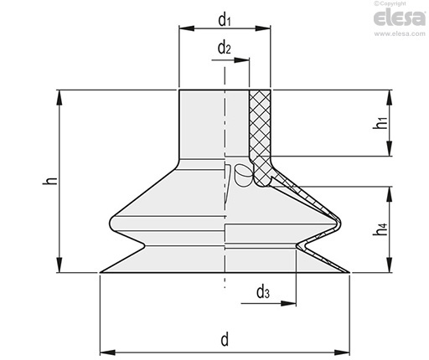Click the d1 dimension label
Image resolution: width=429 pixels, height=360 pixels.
point(225,20)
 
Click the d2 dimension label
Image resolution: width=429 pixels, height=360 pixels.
point(225,48)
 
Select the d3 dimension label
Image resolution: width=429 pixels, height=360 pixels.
point(263,292)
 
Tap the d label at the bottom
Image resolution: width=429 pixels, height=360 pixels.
point(225,339)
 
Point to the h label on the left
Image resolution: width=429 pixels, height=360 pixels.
point(50,181)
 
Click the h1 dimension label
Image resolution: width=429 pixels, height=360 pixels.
point(381,123)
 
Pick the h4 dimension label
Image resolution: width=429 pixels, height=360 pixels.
point(381,229)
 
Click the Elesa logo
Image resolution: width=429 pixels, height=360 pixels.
point(400,18)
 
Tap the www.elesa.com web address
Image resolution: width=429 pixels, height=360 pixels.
point(400,33)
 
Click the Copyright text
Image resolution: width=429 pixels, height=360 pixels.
point(390,3)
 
